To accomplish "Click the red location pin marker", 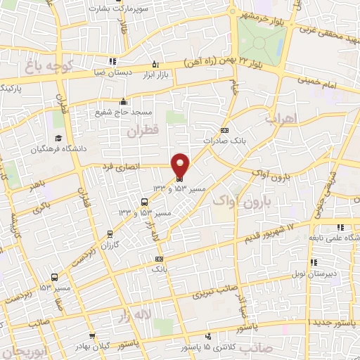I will tap(181, 165).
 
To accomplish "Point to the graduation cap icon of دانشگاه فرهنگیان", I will tap(57, 138).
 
